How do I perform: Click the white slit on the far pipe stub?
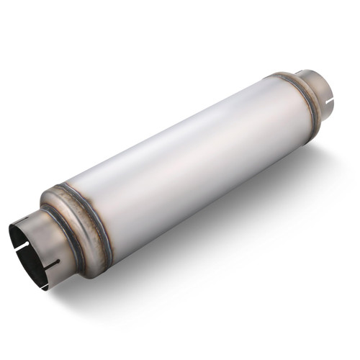coord(330,110)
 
